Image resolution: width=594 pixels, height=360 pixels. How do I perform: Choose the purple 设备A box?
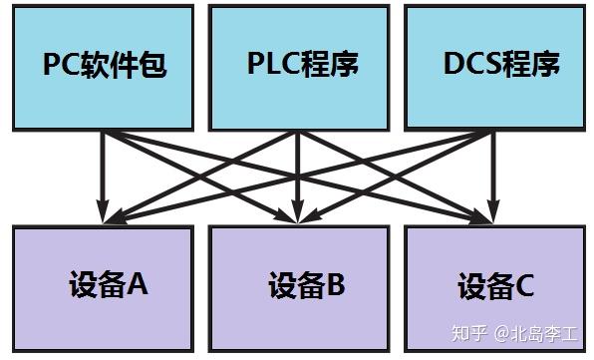(x=104, y=285)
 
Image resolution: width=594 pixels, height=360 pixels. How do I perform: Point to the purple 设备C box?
(x=495, y=287)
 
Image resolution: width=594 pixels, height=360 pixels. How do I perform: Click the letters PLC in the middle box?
(x=275, y=65)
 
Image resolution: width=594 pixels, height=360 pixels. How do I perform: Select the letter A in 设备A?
(x=138, y=285)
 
